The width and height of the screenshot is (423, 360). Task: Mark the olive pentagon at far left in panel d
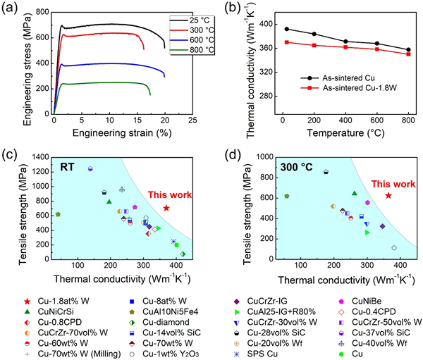click(286, 196)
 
